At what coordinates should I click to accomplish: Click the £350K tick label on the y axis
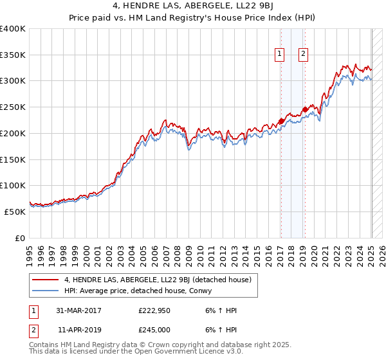click(13, 55)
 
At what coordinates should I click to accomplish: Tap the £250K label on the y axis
click(13, 107)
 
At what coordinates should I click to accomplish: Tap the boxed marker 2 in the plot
click(303, 55)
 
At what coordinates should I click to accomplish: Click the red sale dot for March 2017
click(281, 121)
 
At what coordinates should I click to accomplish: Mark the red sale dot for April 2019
click(304, 110)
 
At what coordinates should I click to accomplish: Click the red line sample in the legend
click(46, 280)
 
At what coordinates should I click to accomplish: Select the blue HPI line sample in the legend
click(46, 291)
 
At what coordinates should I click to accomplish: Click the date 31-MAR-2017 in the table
click(78, 310)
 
